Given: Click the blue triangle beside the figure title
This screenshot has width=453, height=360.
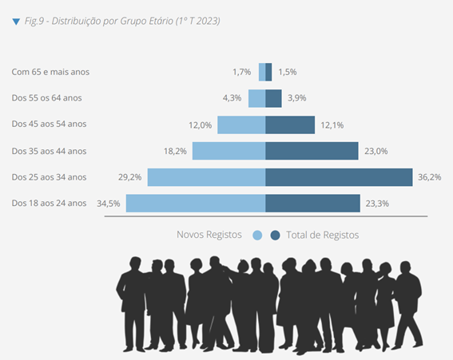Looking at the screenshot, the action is [x=16, y=22].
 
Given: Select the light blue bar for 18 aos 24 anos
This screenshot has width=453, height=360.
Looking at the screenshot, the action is [x=196, y=204].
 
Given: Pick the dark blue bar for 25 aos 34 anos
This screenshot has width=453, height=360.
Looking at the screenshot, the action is [x=339, y=177].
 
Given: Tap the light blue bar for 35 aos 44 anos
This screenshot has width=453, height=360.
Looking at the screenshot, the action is [x=228, y=151].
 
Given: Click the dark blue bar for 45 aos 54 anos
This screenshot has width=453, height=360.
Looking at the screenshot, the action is [x=290, y=125].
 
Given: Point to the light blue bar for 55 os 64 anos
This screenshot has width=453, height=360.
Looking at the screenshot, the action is [x=256, y=98].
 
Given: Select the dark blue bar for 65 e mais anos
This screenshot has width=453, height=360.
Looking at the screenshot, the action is [x=268, y=72].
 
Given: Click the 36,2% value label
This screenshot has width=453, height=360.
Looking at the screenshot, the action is [x=430, y=177].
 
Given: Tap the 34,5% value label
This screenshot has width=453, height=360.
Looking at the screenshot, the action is [x=109, y=204].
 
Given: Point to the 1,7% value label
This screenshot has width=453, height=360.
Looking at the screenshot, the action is [x=242, y=72].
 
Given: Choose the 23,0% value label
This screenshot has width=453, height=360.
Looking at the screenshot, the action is [x=376, y=151].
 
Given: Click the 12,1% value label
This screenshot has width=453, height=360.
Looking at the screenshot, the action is [x=332, y=125].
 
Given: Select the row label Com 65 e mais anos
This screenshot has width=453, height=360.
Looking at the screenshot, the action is [x=50, y=72].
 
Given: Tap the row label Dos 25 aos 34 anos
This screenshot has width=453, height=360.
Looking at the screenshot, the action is [x=49, y=177].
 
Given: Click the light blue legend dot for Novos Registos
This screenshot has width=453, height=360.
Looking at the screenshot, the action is [x=257, y=235].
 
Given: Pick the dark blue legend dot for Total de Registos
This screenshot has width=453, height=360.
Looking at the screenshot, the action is [x=275, y=235].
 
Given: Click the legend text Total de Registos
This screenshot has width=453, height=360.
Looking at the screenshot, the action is [x=323, y=235].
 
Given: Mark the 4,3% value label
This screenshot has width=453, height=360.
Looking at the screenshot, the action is [x=232, y=98].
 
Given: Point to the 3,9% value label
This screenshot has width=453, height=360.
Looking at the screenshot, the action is [x=296, y=98].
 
